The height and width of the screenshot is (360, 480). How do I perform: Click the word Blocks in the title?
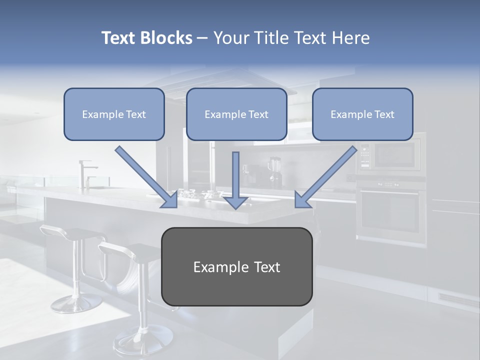pyautogui.click(x=166, y=38)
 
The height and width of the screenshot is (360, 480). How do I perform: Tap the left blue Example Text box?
pyautogui.click(x=114, y=114)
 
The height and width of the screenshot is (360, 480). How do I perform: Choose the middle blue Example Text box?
pyautogui.click(x=236, y=114)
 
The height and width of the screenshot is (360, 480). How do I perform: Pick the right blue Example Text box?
pyautogui.click(x=362, y=114)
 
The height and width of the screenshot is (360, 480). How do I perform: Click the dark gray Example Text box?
pyautogui.click(x=236, y=266)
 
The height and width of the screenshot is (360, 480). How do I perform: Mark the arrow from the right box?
pyautogui.click(x=325, y=177)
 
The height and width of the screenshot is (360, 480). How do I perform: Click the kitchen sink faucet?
pyautogui.click(x=85, y=172)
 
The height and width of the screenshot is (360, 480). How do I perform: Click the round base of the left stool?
pyautogui.click(x=70, y=303)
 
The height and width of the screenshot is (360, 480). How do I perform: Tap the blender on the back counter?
pyautogui.click(x=274, y=171)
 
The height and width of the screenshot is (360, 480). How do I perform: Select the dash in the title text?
pyautogui.click(x=202, y=38)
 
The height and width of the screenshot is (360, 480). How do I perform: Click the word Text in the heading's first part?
pyautogui.click(x=119, y=38)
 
